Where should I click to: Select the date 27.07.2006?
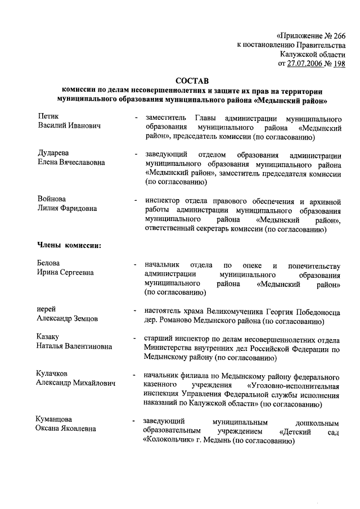(306, 64)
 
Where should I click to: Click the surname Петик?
(48, 116)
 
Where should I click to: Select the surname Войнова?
(52, 199)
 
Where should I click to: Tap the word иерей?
(46, 309)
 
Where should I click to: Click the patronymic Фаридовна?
(78, 209)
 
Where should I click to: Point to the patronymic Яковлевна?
(76, 429)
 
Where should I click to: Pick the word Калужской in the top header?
(299, 54)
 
